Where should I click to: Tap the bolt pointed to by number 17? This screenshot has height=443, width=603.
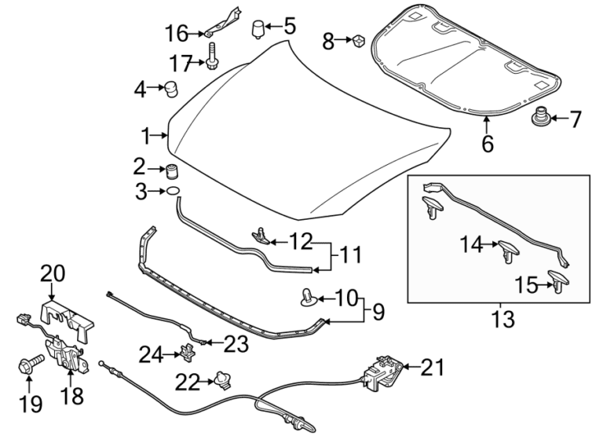pyautogui.click(x=212, y=57)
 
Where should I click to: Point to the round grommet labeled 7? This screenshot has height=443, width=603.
pyautogui.click(x=540, y=119)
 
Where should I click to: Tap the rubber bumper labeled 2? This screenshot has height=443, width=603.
pyautogui.click(x=172, y=169)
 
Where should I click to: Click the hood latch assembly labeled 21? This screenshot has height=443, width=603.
pyautogui.click(x=382, y=372)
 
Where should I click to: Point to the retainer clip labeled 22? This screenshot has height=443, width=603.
pyautogui.click(x=223, y=382)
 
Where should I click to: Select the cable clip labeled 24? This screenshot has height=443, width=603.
pyautogui.click(x=188, y=350)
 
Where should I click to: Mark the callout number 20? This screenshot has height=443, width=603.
pyautogui.click(x=53, y=273)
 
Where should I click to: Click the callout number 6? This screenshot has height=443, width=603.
pyautogui.click(x=488, y=145)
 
